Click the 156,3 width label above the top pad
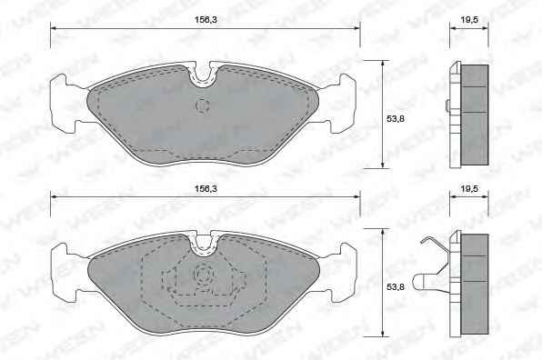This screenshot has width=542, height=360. point(206,20)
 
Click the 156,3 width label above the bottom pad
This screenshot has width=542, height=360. point(206,189)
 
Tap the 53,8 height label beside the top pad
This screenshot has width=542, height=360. point(395,119)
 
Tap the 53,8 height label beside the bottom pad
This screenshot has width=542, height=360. point(395,287)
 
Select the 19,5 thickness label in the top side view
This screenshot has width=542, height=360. point(469,20)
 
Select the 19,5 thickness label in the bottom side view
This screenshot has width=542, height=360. point(469,189)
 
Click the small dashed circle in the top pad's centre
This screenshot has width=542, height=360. point(203,105)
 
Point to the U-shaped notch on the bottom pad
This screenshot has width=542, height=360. point(204,245)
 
